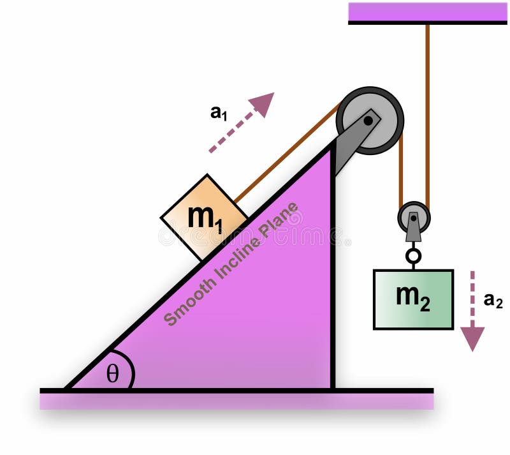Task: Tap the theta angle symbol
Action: coord(112,374)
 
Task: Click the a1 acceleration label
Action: coord(219,113)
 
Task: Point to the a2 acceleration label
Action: coord(493,300)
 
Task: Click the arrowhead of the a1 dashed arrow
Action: coord(263,103)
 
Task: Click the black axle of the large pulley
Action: coord(369,119)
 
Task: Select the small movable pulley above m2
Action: coord(414,218)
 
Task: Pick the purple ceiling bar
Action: coord(427,13)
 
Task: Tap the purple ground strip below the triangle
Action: coord(236,401)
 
